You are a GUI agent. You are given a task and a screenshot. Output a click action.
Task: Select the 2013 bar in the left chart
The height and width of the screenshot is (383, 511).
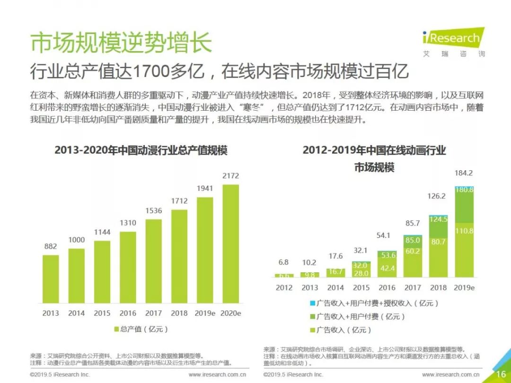[51, 279]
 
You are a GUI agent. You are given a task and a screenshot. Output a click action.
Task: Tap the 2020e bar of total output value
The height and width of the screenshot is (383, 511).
[230, 243]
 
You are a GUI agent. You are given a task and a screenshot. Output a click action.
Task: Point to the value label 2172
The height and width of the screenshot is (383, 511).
[230, 176]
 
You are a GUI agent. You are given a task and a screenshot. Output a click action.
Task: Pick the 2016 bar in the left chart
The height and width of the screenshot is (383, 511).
[128, 267]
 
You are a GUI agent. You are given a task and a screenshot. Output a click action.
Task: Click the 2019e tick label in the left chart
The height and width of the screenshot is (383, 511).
[205, 313]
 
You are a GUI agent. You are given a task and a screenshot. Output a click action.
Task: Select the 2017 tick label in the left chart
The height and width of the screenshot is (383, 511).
[153, 313]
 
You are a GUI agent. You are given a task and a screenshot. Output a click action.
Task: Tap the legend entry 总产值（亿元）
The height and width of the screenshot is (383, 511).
[141, 329]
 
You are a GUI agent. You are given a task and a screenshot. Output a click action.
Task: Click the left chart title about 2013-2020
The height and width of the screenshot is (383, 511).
[141, 150]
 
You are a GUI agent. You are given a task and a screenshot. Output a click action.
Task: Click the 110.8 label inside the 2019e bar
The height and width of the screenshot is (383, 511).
[464, 231]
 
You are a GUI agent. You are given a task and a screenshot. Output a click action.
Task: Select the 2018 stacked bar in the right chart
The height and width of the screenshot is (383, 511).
[438, 246]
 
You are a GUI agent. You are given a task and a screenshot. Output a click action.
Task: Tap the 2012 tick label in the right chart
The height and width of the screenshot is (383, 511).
[284, 287]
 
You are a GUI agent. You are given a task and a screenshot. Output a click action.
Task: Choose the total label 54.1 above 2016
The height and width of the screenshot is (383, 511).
[387, 235]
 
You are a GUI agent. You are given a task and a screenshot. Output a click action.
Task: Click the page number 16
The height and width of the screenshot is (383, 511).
[501, 374]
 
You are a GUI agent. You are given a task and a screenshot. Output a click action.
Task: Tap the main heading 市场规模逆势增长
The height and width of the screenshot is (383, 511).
[121, 43]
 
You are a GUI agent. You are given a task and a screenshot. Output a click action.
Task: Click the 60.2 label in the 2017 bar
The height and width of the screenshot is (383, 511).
[413, 251]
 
